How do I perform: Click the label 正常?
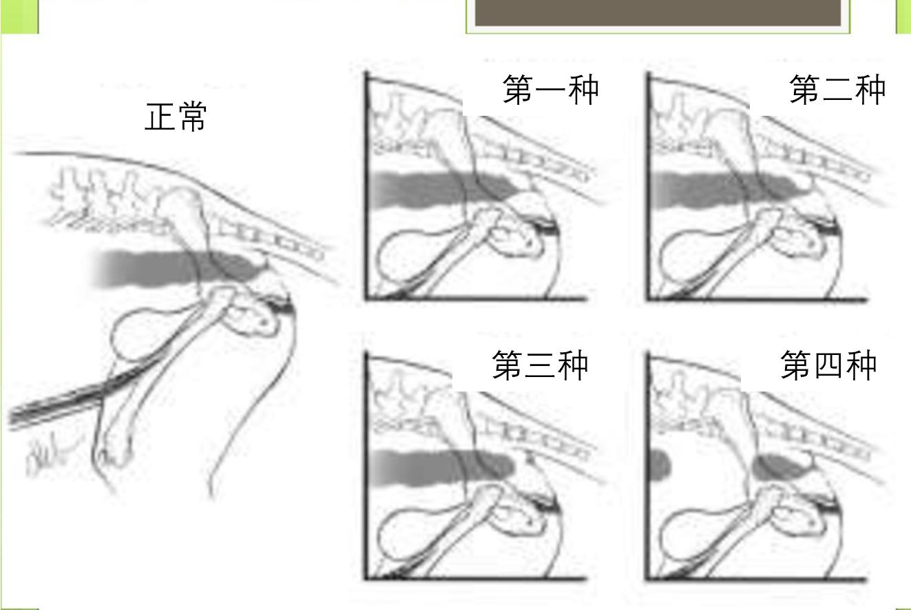point(176,116)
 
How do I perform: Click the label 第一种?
point(550,90)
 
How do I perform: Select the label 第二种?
point(837,90)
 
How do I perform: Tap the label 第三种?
point(540,365)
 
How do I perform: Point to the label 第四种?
point(828,365)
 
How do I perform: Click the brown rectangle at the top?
point(658,12)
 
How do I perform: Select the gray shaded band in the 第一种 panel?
point(441,190)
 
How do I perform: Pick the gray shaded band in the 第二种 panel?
point(723,189)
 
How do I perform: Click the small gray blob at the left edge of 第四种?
point(660,465)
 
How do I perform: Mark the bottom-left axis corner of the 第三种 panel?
point(366,577)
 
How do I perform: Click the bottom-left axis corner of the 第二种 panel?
point(648,299)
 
